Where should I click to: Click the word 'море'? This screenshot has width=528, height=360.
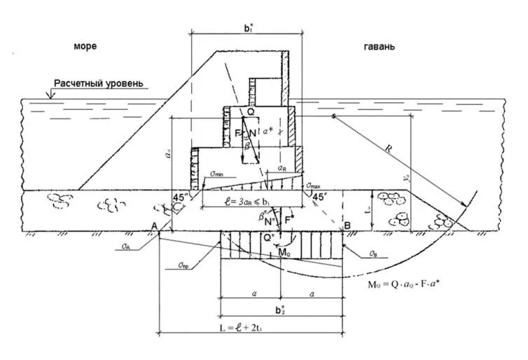85,47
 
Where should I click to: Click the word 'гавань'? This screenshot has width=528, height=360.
379,47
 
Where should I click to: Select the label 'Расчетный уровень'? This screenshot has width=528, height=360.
101,83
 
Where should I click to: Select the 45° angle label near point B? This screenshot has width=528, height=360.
319,198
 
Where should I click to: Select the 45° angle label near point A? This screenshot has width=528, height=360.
180,198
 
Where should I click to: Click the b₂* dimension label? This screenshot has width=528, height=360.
280,310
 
